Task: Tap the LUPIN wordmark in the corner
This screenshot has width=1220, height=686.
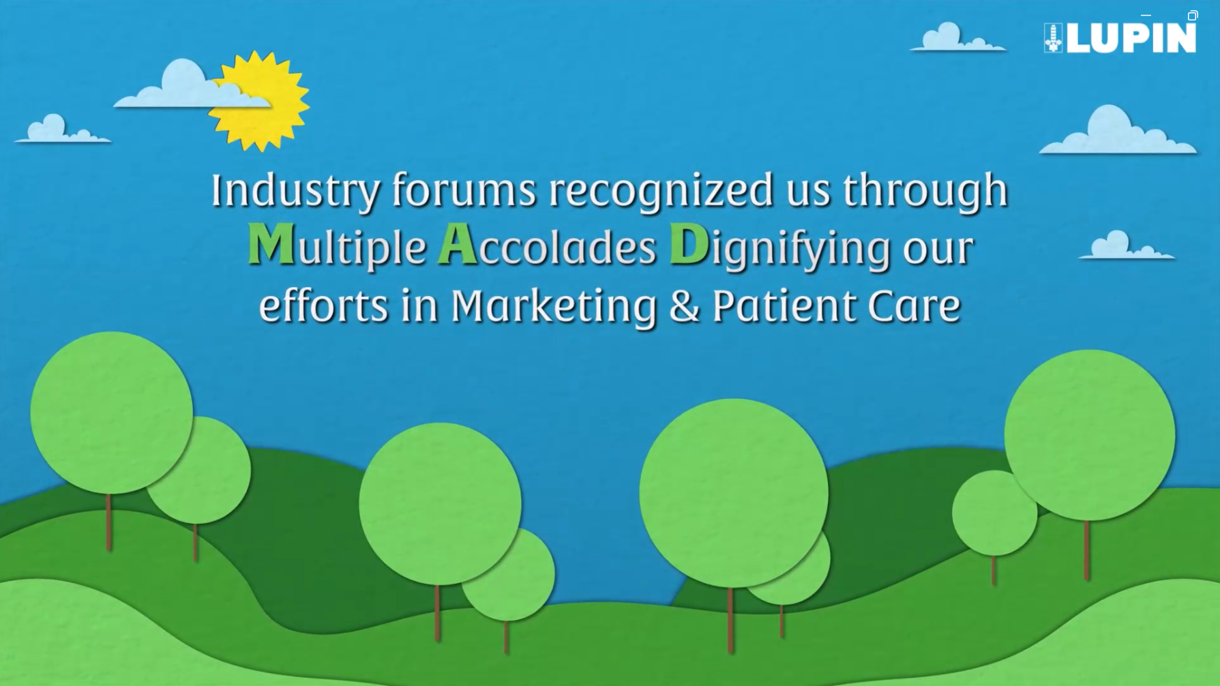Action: point(1132,38)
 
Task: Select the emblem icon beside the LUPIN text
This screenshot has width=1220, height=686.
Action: point(1053,38)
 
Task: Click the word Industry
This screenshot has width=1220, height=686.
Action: point(295,190)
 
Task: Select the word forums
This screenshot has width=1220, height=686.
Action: point(464,190)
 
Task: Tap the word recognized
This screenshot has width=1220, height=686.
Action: point(661,190)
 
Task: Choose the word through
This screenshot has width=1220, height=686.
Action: point(925,190)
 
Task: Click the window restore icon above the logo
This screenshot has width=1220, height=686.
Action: point(1192,15)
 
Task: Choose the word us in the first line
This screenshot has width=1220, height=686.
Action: point(808,192)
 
